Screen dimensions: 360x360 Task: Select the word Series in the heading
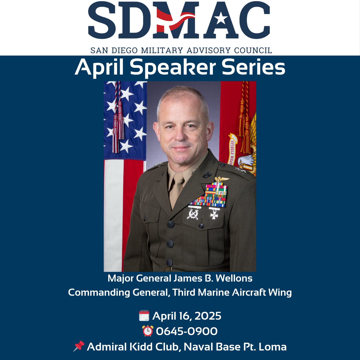click(x=253, y=67)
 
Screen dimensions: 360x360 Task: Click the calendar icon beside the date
click(x=144, y=316)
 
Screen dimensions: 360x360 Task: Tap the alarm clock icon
click(x=148, y=331)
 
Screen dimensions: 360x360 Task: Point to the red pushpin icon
click(x=79, y=346)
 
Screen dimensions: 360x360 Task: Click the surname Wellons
click(x=234, y=278)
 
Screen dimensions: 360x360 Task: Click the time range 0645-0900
click(x=187, y=331)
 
